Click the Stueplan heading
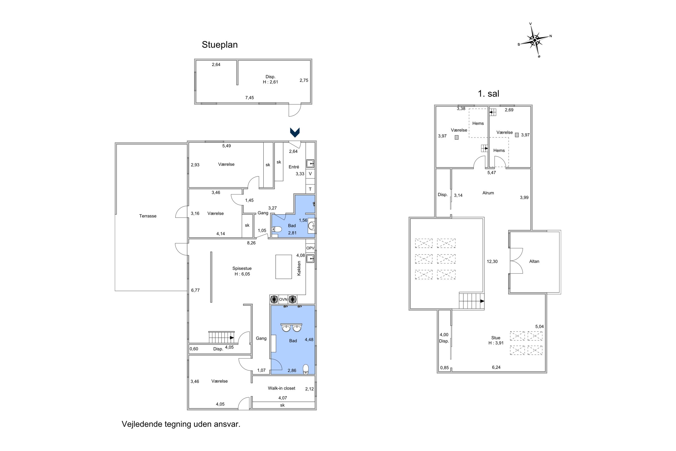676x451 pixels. [219, 45]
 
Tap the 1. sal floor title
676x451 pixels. [488, 93]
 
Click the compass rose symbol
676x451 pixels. [535, 40]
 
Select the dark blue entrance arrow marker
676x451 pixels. [295, 132]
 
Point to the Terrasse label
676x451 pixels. [148, 216]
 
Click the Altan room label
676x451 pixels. [534, 262]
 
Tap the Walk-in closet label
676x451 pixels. [282, 388]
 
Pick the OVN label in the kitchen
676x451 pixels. [283, 300]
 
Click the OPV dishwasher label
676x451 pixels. [310, 248]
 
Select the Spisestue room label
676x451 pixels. [242, 268]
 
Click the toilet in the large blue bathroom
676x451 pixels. [306, 369]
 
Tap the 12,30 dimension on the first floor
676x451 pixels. [492, 262]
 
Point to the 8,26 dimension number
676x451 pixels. [251, 243]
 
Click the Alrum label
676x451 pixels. [488, 193]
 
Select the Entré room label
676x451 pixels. [294, 167]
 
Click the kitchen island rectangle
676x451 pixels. [284, 267]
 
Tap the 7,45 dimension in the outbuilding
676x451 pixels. [249, 98]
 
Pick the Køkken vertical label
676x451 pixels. [299, 268]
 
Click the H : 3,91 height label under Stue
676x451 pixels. [496, 343]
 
